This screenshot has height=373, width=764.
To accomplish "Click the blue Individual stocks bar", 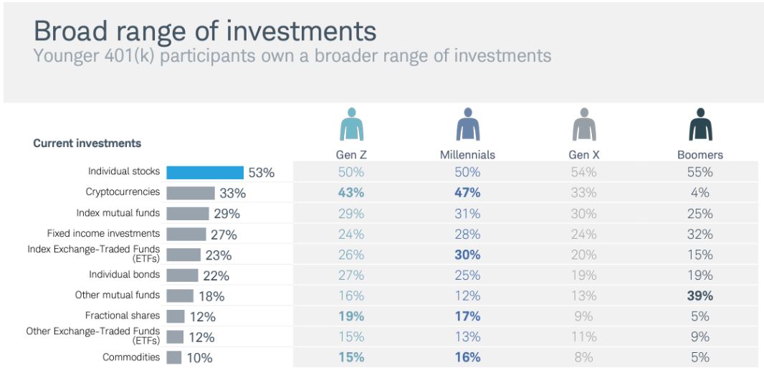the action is click(205, 173).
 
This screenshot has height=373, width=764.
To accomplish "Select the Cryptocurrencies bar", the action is click(191, 193).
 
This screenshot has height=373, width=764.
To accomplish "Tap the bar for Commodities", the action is click(174, 357).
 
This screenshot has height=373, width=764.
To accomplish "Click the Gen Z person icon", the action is click(351, 124).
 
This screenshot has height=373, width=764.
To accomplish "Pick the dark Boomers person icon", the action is click(700, 124).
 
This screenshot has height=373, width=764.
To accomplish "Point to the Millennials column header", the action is click(467, 155).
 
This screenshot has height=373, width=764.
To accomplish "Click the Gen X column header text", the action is click(583, 155).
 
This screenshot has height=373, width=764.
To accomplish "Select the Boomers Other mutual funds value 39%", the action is click(700, 296).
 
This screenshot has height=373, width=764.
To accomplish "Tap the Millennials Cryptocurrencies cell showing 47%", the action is click(468, 193).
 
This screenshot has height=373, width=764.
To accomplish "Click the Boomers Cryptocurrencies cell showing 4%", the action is click(700, 193).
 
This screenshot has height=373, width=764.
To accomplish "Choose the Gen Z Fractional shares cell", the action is click(351, 316).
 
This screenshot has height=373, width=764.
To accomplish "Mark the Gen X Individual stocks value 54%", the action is click(583, 172).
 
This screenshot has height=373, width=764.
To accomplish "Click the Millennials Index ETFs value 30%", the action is click(468, 255).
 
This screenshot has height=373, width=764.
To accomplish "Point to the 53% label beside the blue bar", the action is click(262, 173).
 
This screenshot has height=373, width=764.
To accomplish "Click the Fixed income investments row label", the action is click(103, 233).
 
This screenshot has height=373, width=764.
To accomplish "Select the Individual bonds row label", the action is click(124, 275).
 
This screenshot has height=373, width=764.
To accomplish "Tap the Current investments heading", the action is click(87, 143).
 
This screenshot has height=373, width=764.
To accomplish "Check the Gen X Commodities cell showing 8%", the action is click(583, 357).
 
